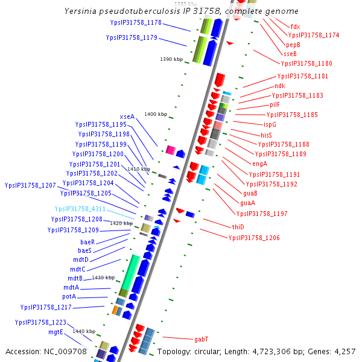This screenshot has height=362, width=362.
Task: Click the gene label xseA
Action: pos(127,116)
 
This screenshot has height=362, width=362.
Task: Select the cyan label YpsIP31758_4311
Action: pos(80,209)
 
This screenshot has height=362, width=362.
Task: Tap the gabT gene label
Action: pos(202,339)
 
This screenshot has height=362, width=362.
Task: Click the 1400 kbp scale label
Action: pos(155,114)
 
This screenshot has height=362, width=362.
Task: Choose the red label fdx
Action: pos(295,27)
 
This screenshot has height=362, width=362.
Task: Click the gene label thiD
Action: pos(238,227)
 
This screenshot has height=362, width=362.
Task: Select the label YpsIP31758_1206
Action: pos(254,238)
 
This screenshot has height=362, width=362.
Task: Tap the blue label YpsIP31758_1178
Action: pos(136,22)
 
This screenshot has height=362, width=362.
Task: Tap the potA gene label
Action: pos(69,296)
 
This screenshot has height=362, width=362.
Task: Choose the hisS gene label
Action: pos(266,135)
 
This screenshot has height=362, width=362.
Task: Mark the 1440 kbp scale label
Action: pos(84,331)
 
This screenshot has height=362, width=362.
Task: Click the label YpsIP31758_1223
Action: pos(40,323)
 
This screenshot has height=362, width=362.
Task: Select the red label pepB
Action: pos(293,45)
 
